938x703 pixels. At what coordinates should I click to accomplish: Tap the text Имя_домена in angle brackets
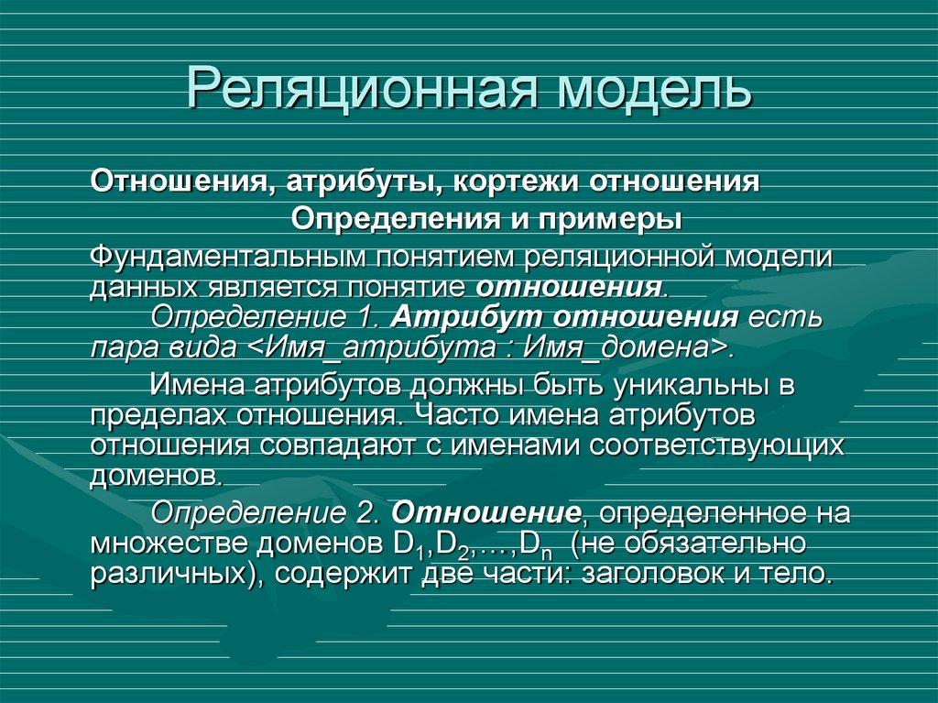pos(633,349)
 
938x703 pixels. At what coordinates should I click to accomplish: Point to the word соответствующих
pos(715,447)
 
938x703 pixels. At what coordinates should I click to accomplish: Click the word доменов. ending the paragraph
pos(156,478)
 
